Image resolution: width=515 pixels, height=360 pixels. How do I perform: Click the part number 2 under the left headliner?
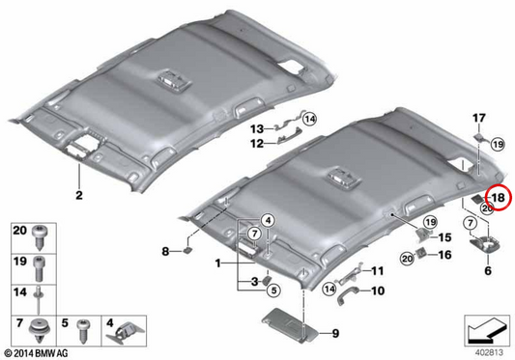point(79,195)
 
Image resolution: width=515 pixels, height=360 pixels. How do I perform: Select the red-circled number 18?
point(499,198)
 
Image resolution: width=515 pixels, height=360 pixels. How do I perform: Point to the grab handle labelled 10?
point(348,294)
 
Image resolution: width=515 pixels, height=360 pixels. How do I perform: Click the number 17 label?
point(479,118)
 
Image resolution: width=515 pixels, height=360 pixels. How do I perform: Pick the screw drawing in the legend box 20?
point(40,238)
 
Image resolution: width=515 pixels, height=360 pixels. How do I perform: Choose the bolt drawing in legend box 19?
point(39,268)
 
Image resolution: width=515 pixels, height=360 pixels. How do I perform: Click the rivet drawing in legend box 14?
point(39,301)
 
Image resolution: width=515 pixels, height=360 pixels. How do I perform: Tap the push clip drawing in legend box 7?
point(40,330)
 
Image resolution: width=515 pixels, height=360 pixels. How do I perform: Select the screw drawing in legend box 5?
point(83,331)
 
